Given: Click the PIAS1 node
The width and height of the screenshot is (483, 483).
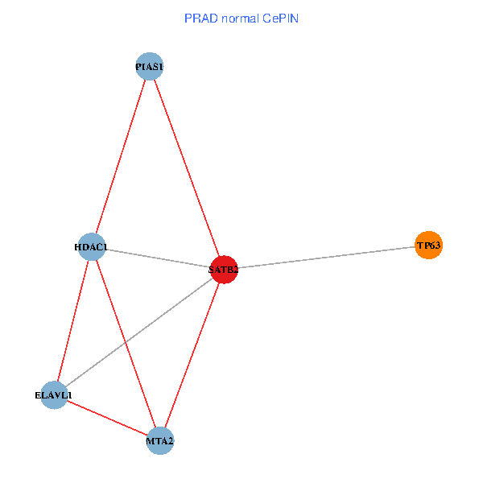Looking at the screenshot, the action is (150, 66).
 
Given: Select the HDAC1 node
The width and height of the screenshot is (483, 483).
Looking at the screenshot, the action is (93, 246).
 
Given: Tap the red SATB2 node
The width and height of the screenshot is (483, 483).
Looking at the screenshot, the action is (223, 270).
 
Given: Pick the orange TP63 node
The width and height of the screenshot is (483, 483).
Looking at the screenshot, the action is (428, 245).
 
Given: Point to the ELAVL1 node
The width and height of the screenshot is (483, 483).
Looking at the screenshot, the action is (54, 394).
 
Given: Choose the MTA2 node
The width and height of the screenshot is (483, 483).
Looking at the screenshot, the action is (160, 440).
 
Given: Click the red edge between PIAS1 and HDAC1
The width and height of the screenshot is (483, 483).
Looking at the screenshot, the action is (121, 156).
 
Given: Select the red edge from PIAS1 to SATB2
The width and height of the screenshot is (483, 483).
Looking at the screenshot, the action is (186, 167).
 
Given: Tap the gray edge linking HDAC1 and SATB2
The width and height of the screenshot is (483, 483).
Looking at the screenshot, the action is (158, 258).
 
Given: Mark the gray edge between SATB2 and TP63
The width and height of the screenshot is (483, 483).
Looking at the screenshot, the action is (325, 258).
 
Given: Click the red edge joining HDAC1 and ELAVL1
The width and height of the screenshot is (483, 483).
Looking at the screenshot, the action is (73, 320).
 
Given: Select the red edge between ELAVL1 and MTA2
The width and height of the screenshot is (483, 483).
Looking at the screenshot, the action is (107, 417).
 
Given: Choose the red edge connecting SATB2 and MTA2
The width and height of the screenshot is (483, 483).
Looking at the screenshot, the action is (192, 355).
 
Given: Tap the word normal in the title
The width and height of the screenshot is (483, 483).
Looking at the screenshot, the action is (238, 18).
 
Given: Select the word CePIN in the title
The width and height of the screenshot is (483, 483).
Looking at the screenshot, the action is (279, 18).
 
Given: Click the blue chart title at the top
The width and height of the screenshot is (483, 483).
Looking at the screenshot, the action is (242, 18).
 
